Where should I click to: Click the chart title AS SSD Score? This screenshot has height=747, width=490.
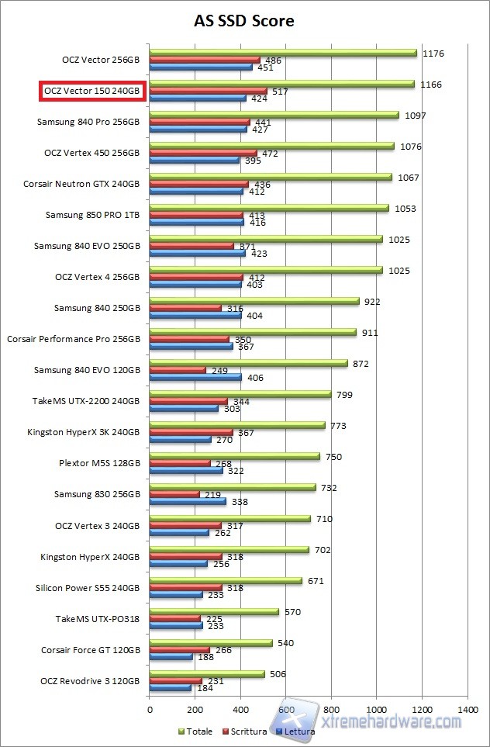click(244, 21)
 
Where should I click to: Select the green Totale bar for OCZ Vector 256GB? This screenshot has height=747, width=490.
click(283, 53)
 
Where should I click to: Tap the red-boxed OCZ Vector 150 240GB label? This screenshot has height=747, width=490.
click(92, 92)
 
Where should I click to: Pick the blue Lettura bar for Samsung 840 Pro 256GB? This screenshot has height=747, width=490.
click(198, 130)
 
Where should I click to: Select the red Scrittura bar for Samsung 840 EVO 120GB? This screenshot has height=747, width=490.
click(178, 370)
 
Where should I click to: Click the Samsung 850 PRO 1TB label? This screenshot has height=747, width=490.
click(93, 215)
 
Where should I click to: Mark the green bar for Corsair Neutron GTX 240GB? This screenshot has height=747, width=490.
click(271, 177)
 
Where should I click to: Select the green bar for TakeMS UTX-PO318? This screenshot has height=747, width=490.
click(214, 611)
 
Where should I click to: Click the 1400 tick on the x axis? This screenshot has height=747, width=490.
click(467, 709)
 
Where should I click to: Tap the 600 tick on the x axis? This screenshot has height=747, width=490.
click(286, 709)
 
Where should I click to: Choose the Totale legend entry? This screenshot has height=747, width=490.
click(195, 731)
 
